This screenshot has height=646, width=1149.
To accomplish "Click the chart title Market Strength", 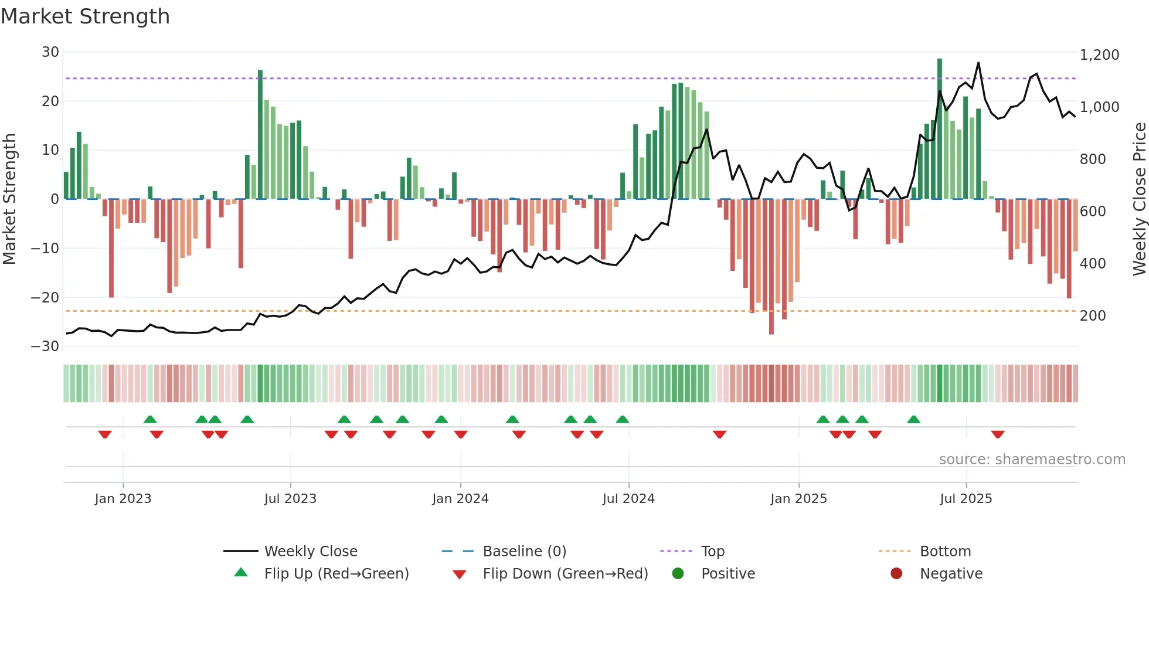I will point(85,16).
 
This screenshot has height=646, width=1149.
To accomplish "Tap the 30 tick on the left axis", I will point(50,52).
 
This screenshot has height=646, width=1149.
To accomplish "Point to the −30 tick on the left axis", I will point(45,346).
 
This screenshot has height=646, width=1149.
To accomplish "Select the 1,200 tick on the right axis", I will point(1099,55).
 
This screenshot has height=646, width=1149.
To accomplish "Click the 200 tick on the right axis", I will point(1093,316).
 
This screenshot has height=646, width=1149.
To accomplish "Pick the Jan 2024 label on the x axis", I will point(460,499).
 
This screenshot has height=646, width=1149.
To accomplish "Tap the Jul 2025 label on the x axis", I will point(966,499).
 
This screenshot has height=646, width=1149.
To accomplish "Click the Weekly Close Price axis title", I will point(1139,199).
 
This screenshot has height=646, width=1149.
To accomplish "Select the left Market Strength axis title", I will point(9,199).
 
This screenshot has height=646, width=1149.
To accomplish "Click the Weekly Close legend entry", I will point(310,552).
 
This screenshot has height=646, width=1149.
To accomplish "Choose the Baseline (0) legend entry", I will point(524,552).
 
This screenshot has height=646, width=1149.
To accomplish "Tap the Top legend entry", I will point(712,552).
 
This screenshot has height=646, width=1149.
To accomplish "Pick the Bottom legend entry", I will point(945,552).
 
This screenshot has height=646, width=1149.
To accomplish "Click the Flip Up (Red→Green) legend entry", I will point(336,574).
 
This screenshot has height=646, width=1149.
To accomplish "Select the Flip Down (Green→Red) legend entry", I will point(565,574).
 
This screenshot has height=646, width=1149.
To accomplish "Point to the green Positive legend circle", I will point(678,574).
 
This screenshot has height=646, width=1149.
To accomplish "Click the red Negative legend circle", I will point(896,574).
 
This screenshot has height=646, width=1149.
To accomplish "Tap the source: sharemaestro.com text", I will point(1032,460).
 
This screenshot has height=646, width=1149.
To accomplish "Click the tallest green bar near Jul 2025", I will point(940,129).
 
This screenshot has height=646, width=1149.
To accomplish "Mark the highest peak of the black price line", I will point(978,63).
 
